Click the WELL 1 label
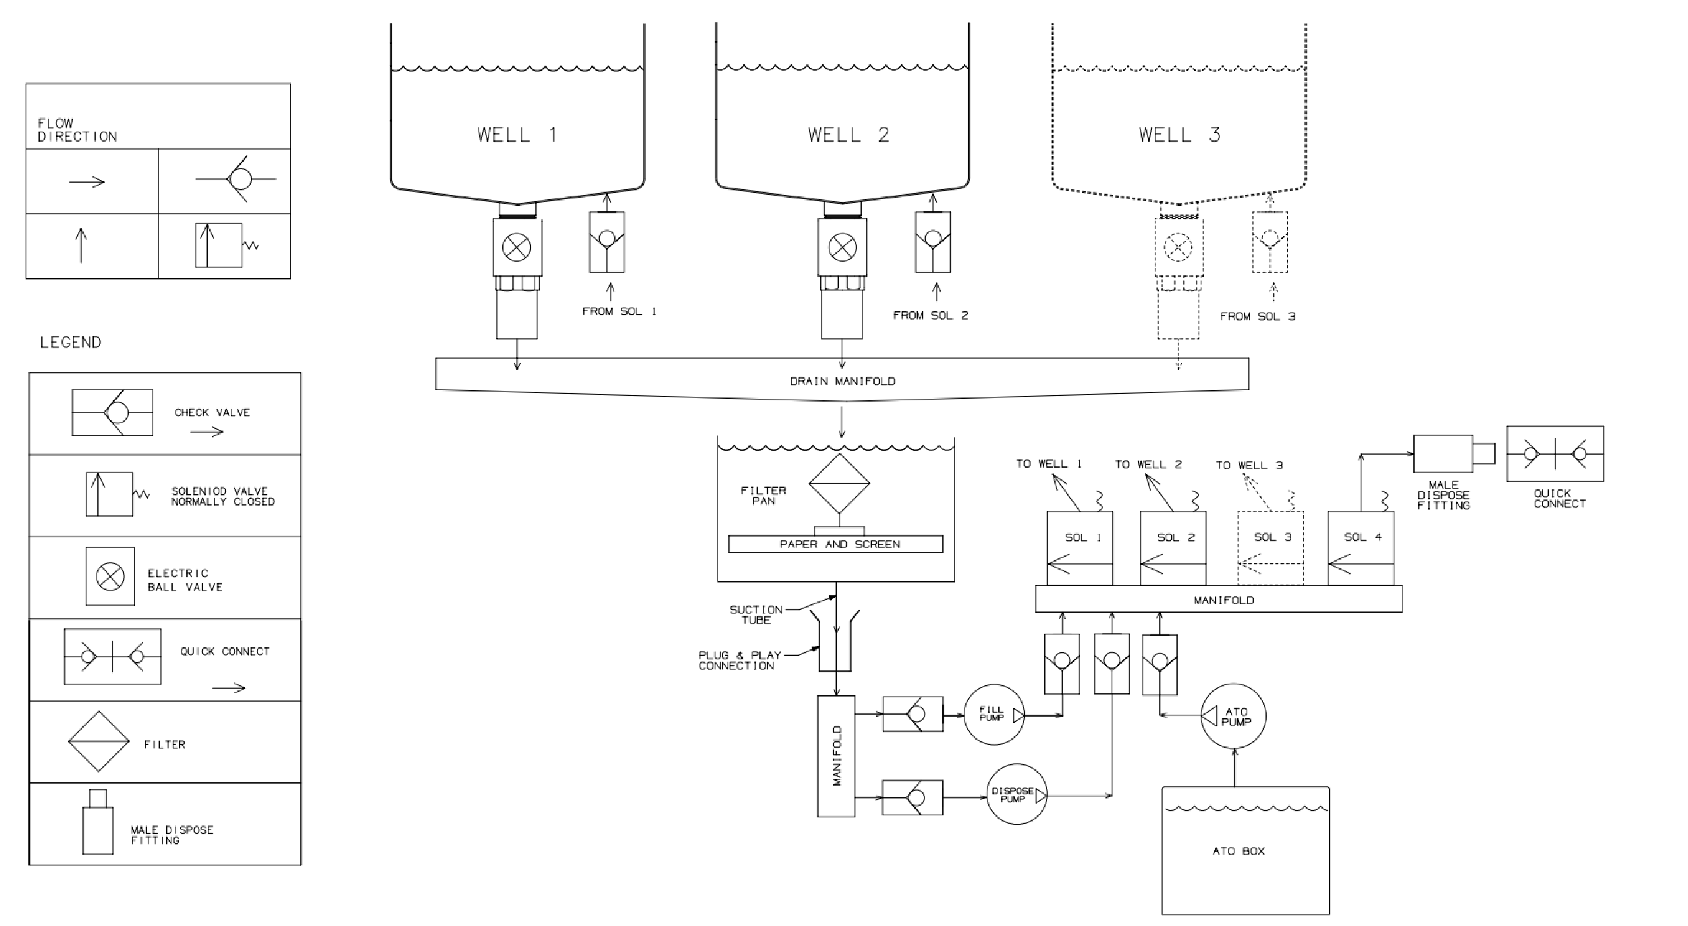click(x=517, y=135)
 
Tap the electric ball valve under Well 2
click(x=842, y=248)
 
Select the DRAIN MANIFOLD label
click(x=842, y=381)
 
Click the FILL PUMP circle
click(x=994, y=715)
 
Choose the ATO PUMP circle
click(x=1233, y=716)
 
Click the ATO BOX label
click(x=1238, y=851)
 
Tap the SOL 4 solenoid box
click(x=1361, y=548)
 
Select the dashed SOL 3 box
click(x=1270, y=548)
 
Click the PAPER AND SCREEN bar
click(x=836, y=544)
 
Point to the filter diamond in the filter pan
click(x=839, y=483)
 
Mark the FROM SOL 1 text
click(x=619, y=311)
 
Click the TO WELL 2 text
click(x=1148, y=464)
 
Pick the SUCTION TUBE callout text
click(x=756, y=614)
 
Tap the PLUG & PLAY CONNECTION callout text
click(x=738, y=660)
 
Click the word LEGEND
click(x=70, y=342)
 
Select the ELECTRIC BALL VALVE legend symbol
click(x=110, y=576)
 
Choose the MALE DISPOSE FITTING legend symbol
click(x=98, y=821)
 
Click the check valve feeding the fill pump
click(x=913, y=714)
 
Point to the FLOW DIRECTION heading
click(x=77, y=130)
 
